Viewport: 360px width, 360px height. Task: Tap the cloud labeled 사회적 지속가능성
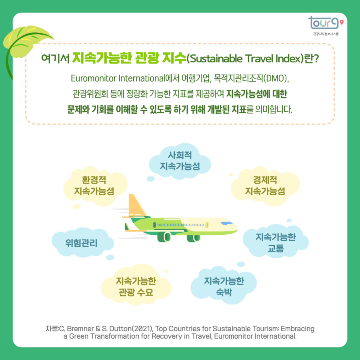pyautogui.click(x=179, y=160)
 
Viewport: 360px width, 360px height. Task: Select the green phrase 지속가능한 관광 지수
pyautogui.click(x=129, y=58)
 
